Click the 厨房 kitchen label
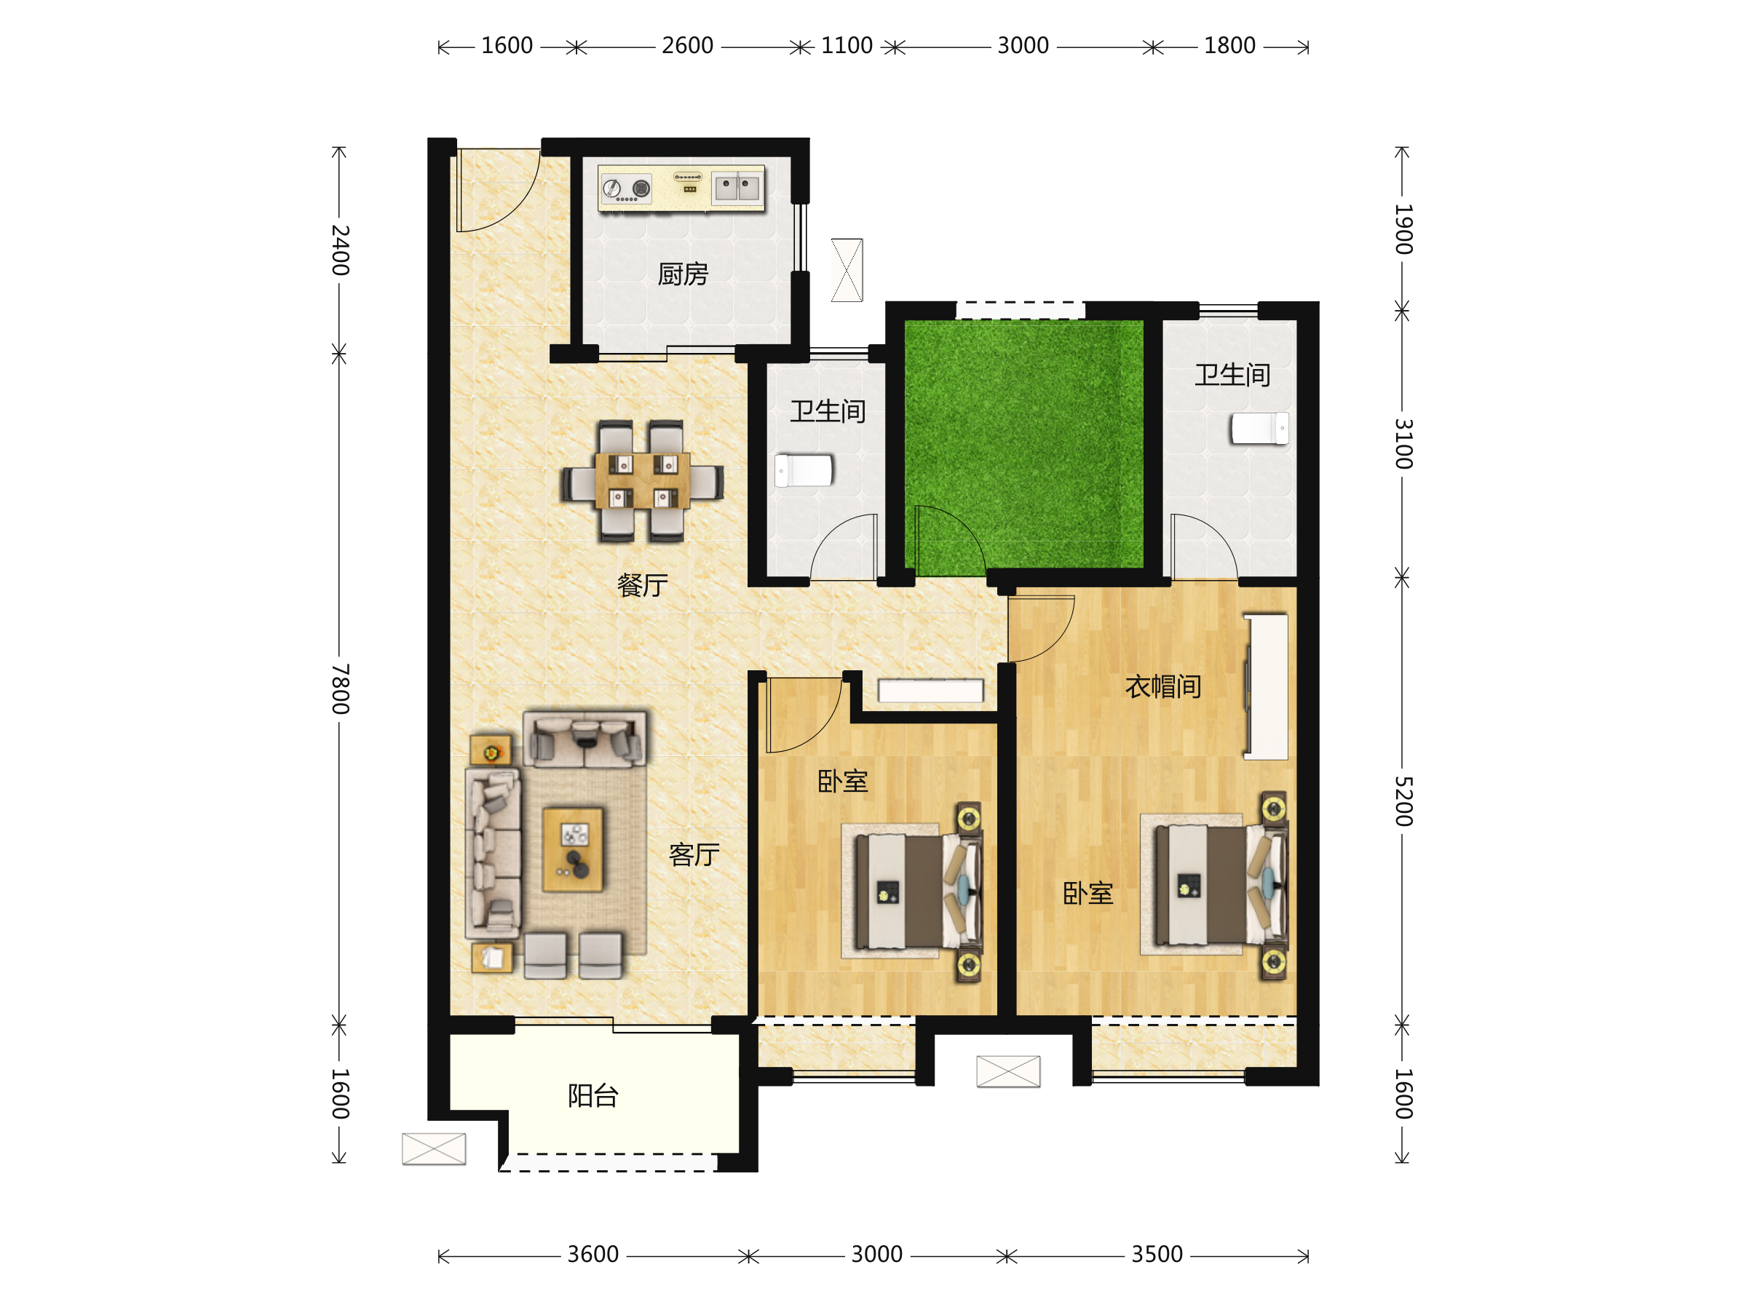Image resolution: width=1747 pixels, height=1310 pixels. pyautogui.click(x=684, y=274)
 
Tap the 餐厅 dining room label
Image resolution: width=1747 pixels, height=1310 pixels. pyautogui.click(x=642, y=585)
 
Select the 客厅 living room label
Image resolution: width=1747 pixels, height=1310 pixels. pyautogui.click(x=694, y=854)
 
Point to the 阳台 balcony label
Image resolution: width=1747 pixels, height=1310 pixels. pyautogui.click(x=593, y=1095)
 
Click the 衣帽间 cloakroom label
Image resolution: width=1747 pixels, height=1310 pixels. pyautogui.click(x=1163, y=686)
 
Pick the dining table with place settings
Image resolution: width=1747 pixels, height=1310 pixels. pyautogui.click(x=643, y=480)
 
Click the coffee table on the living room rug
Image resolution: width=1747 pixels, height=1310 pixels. pyautogui.click(x=574, y=849)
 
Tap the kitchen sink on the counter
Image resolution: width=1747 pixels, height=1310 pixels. pyautogui.click(x=737, y=188)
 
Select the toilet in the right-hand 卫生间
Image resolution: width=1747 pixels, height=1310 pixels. pyautogui.click(x=1260, y=428)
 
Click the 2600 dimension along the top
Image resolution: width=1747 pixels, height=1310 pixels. pyautogui.click(x=687, y=46)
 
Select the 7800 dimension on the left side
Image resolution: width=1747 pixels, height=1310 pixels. pyautogui.click(x=340, y=688)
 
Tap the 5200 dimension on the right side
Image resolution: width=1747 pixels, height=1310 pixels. pyautogui.click(x=1403, y=801)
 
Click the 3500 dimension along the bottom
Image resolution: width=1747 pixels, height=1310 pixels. pyautogui.click(x=1157, y=1254)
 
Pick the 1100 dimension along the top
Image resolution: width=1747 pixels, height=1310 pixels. pyautogui.click(x=847, y=46)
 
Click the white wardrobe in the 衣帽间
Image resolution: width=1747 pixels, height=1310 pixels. pyautogui.click(x=1267, y=686)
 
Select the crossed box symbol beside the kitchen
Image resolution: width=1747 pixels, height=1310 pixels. pyautogui.click(x=847, y=270)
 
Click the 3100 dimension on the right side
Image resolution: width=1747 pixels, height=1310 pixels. pyautogui.click(x=1403, y=444)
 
